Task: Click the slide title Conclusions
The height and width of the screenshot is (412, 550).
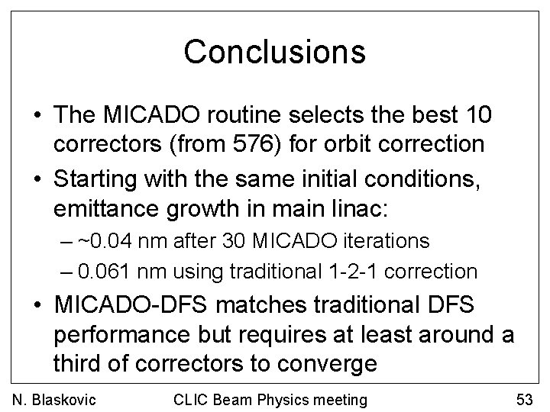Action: [x=274, y=52]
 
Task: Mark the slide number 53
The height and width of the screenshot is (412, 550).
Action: [x=523, y=398]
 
